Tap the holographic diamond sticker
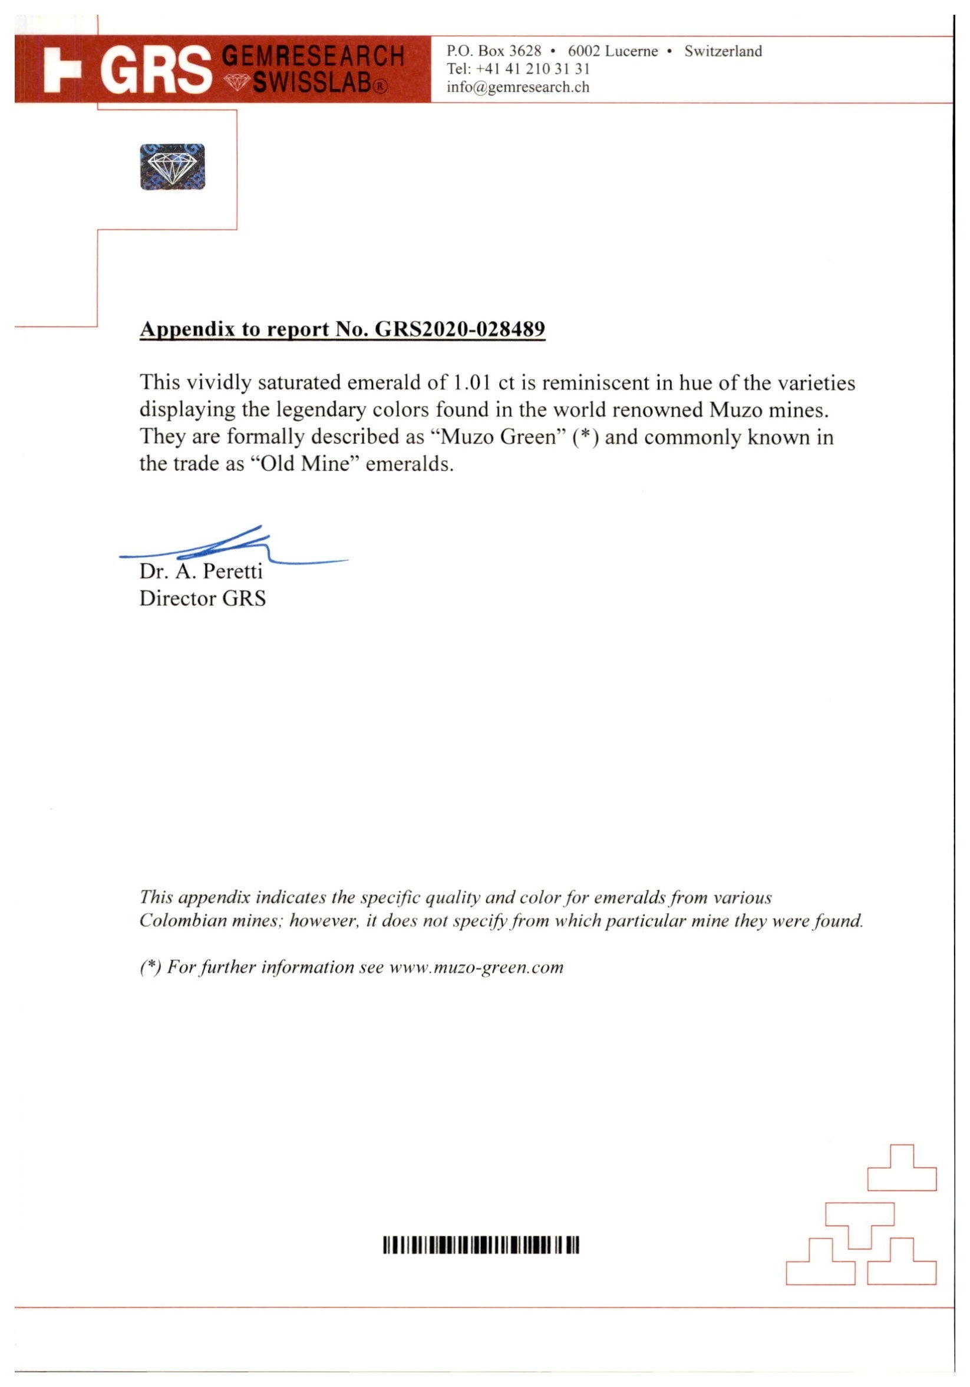click(172, 167)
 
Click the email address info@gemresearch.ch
click(518, 87)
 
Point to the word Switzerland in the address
click(723, 51)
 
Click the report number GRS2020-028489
click(460, 329)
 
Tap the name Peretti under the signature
click(233, 572)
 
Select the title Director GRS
click(203, 599)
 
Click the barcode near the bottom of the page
click(481, 1245)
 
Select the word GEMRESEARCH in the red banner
click(313, 57)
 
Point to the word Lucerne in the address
click(632, 51)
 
